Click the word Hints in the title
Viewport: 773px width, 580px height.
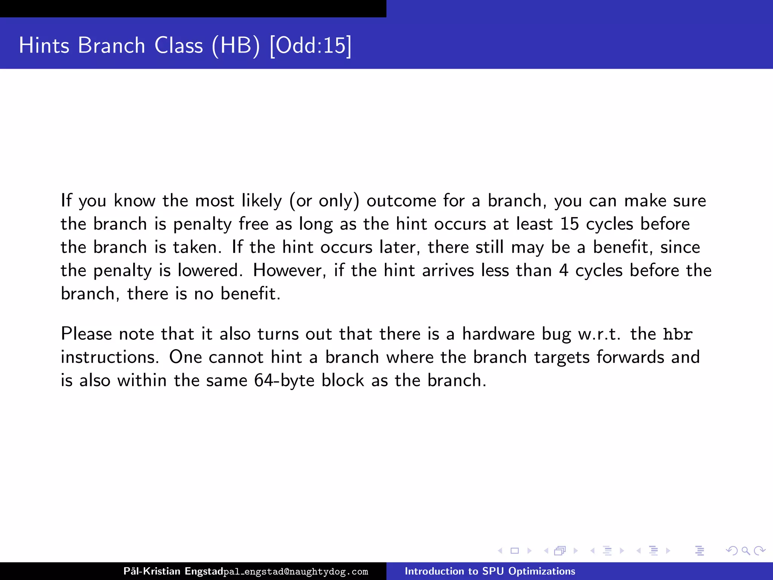pos(44,45)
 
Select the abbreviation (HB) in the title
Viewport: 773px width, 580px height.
pos(236,45)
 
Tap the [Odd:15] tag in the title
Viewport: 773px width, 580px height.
pos(311,45)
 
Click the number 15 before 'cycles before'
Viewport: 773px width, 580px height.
pos(569,224)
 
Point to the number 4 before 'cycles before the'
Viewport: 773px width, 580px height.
pos(564,270)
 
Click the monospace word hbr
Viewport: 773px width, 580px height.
pos(678,334)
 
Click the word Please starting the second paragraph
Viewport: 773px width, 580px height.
pos(86,334)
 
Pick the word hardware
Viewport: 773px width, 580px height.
pos(498,334)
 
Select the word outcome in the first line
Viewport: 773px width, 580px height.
pos(401,201)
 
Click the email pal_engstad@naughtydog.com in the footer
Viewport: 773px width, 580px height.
pos(296,572)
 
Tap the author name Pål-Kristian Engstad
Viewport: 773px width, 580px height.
pos(173,571)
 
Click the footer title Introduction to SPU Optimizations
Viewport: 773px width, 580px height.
pos(490,571)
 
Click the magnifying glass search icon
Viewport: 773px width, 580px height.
pos(745,551)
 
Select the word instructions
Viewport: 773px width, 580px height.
pos(110,357)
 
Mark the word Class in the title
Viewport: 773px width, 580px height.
pos(179,45)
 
